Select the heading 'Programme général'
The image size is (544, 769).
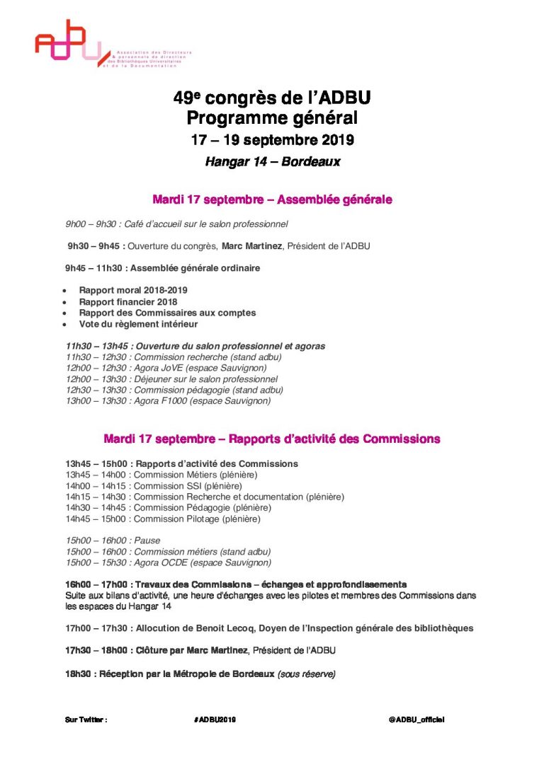pyautogui.click(x=272, y=118)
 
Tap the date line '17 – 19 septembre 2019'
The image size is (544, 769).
pyautogui.click(x=272, y=140)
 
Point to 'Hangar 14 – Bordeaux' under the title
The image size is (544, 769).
pyautogui.click(x=272, y=162)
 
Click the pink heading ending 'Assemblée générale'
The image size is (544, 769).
pyautogui.click(x=272, y=200)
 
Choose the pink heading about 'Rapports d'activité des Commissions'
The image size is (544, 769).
pyautogui.click(x=272, y=439)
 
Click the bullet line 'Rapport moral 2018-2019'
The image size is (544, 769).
pyautogui.click(x=133, y=291)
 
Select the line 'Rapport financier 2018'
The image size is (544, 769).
pyautogui.click(x=128, y=302)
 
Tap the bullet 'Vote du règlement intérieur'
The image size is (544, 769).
pyautogui.click(x=138, y=324)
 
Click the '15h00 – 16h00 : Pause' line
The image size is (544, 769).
pyautogui.click(x=113, y=540)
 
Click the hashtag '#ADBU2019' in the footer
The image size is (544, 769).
pyautogui.click(x=215, y=719)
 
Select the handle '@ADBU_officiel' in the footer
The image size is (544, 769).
pyautogui.click(x=416, y=719)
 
